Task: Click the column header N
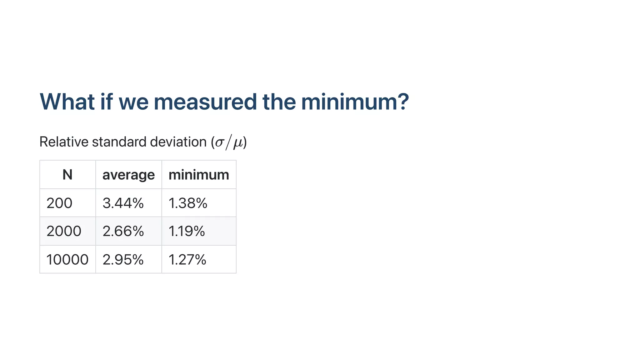[x=67, y=175]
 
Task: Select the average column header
[x=128, y=175]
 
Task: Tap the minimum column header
[x=199, y=175]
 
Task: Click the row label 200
[x=59, y=203]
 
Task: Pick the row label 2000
[x=64, y=231]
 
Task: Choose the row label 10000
[x=67, y=260]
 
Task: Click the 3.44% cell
[x=123, y=203]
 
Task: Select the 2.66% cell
[x=123, y=231]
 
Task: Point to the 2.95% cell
[x=123, y=260]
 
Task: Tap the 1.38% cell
[x=188, y=203]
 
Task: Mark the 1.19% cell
[x=187, y=231]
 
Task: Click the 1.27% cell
[x=187, y=260]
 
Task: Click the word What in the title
[x=67, y=102]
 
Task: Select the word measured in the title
[x=205, y=102]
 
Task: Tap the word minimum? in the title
[x=355, y=102]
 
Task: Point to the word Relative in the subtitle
[x=64, y=142]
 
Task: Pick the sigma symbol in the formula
[x=220, y=143]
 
